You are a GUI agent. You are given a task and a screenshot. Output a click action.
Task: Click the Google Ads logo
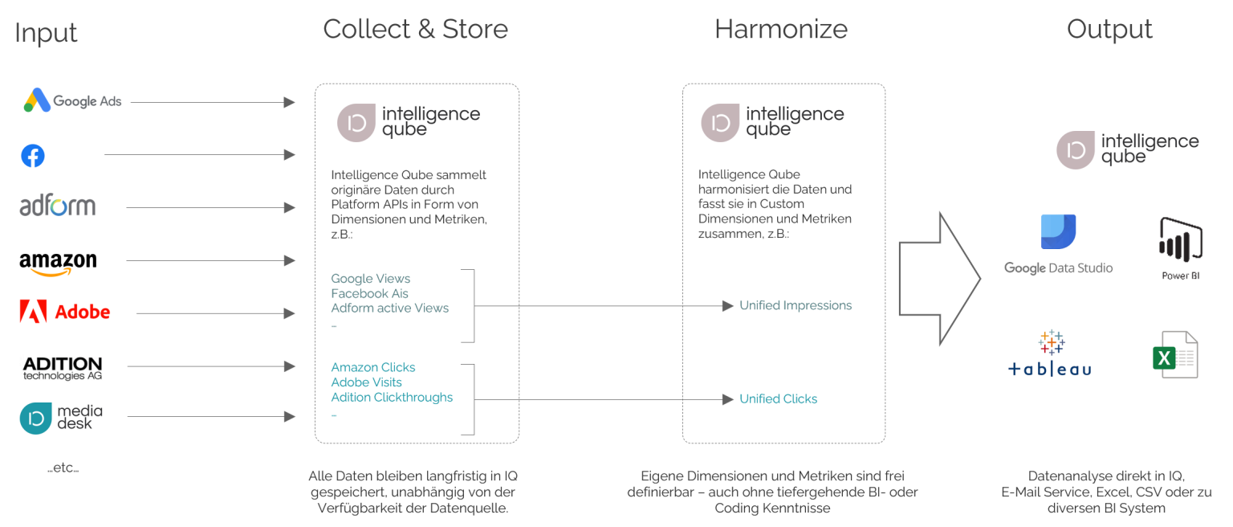click(x=72, y=101)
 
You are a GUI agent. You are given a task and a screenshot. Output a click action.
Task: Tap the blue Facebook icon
click(x=33, y=155)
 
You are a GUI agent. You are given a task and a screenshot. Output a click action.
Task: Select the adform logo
click(x=58, y=206)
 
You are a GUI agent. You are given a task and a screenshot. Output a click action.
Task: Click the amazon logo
click(x=58, y=263)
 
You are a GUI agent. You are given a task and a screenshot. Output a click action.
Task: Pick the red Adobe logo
click(x=65, y=312)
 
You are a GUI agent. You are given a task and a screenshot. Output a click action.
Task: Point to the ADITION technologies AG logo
click(x=63, y=368)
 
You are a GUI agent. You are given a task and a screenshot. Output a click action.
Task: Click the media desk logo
click(x=62, y=418)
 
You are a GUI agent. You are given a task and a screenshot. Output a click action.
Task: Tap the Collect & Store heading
click(x=415, y=30)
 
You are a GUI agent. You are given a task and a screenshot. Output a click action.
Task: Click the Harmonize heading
click(x=780, y=30)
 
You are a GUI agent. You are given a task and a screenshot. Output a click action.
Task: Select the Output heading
click(x=1109, y=30)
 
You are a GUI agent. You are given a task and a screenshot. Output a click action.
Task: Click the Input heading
click(x=46, y=33)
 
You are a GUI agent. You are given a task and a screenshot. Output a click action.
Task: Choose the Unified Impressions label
click(x=795, y=305)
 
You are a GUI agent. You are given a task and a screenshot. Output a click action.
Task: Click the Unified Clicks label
click(x=778, y=398)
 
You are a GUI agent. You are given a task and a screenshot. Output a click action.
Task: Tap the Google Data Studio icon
click(x=1058, y=232)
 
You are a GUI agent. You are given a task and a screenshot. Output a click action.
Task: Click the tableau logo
click(x=1050, y=353)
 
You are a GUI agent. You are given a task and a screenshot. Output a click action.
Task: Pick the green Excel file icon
click(x=1175, y=354)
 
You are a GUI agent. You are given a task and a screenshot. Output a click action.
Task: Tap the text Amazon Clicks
click(x=373, y=367)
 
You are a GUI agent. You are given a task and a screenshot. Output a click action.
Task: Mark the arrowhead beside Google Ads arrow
click(x=290, y=102)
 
